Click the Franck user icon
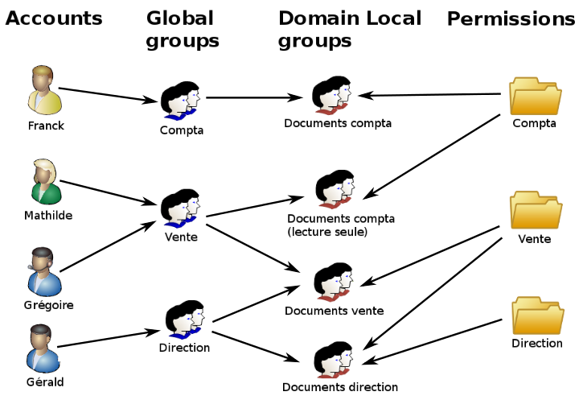pyautogui.click(x=45, y=91)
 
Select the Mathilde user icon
pyautogui.click(x=46, y=182)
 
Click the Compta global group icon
pyautogui.click(x=182, y=101)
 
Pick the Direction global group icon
pyautogui.click(x=185, y=320)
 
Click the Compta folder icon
pyautogui.click(x=535, y=97)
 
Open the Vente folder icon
pyautogui.click(x=535, y=211)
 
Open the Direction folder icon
pyautogui.click(x=537, y=315)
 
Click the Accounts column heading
pyautogui.click(x=54, y=19)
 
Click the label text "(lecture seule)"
pyautogui.click(x=326, y=232)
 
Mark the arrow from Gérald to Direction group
pyautogui.click(x=107, y=339)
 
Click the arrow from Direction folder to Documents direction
pyautogui.click(x=436, y=342)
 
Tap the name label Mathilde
pyautogui.click(x=47, y=215)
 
